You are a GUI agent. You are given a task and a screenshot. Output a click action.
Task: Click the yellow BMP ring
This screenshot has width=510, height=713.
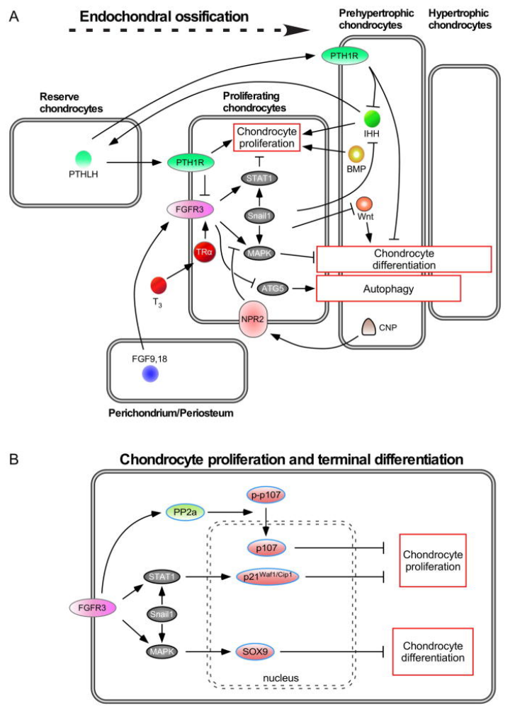[x=356, y=153]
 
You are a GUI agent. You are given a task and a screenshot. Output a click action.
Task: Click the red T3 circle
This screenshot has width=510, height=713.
[x=160, y=286]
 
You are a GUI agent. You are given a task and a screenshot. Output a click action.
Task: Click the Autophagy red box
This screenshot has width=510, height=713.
[x=389, y=289]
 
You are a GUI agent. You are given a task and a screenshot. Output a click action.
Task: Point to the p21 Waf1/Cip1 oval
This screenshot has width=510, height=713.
[x=268, y=577]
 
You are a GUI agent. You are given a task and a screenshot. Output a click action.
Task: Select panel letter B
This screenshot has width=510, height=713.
[x=14, y=459]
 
